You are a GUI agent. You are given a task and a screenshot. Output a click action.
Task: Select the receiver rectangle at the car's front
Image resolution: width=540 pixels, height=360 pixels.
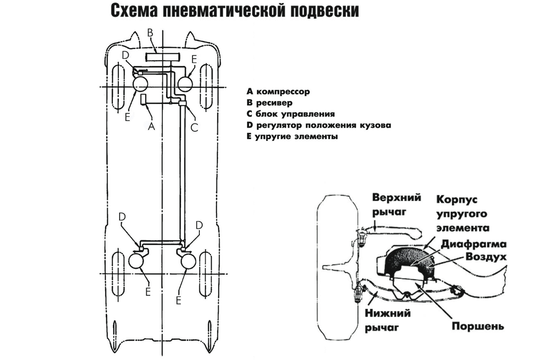162,57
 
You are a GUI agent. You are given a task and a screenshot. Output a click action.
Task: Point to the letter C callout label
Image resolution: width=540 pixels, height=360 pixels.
194,128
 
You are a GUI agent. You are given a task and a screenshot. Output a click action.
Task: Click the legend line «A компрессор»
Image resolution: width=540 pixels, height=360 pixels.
279,92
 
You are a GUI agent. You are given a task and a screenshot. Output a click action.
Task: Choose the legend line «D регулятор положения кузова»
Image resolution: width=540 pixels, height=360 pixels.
319,125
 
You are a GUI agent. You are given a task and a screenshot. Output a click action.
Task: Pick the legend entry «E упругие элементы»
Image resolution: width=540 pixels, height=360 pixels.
292,136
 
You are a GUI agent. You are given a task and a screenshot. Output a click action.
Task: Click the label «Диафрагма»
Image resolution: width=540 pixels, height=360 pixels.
474,244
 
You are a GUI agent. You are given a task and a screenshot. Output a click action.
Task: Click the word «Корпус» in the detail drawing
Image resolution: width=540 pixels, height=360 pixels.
457,199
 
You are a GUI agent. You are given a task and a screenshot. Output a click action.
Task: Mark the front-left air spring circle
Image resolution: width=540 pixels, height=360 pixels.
142,84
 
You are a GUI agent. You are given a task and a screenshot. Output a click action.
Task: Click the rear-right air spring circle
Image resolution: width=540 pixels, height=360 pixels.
188,261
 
